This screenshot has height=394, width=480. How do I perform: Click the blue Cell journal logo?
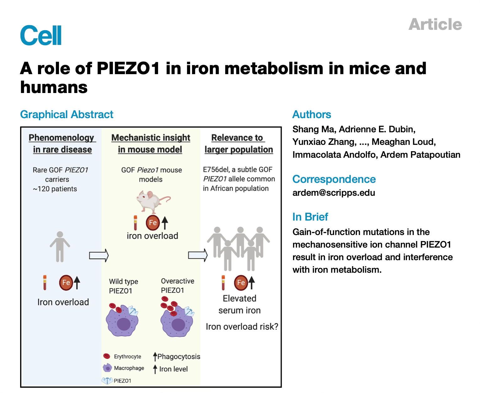click(41, 35)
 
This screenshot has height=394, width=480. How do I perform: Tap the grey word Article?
click(435, 25)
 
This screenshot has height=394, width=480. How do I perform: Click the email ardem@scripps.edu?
click(333, 192)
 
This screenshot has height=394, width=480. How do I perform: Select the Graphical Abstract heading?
click(67, 114)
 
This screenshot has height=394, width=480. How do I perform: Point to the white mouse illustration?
click(152, 201)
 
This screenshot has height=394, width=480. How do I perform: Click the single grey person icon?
click(60, 247)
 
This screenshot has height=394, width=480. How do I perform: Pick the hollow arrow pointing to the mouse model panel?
click(99, 255)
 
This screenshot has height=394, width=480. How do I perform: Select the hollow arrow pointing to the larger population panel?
click(198, 255)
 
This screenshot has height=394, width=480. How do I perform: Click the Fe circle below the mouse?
click(153, 223)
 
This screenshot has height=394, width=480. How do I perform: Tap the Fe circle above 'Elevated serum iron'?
click(241, 282)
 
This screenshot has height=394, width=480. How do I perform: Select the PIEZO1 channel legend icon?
click(107, 381)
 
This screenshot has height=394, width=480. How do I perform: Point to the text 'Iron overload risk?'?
click(242, 327)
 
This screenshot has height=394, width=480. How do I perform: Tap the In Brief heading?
click(310, 217)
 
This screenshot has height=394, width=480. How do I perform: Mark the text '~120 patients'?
click(55, 189)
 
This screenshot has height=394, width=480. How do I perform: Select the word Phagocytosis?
click(179, 357)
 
